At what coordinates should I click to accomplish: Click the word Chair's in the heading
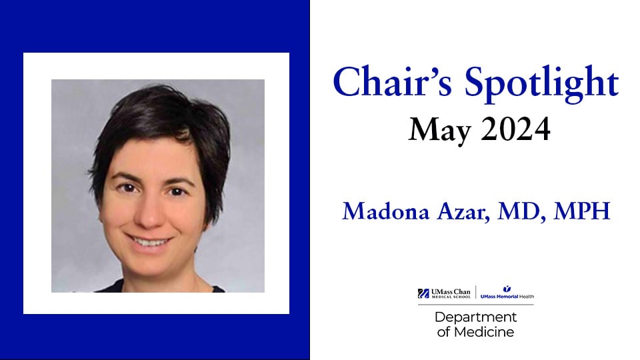[393, 81]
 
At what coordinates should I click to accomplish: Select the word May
[440, 130]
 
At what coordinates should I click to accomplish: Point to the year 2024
[515, 129]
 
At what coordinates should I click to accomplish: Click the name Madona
[386, 211]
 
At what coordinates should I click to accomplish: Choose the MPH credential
[581, 211]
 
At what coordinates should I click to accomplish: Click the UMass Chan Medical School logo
[444, 293]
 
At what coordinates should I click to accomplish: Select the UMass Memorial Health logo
[507, 293]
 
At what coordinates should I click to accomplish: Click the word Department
[475, 317]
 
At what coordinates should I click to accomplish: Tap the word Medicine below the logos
[484, 332]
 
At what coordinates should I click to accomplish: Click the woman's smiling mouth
[148, 241]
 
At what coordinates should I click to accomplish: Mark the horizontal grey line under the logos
[475, 305]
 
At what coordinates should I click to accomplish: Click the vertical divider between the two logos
[475, 292]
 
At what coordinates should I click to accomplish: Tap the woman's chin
[152, 265]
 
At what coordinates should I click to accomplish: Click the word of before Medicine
[444, 332]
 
